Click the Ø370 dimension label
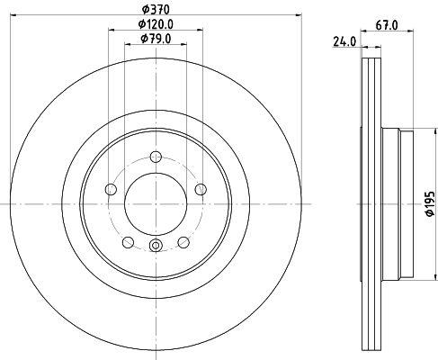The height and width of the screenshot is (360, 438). pyautogui.click(x=156, y=10)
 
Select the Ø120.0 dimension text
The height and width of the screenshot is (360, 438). pyautogui.click(x=156, y=24)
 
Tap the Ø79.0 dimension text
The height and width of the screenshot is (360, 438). pyautogui.click(x=156, y=39)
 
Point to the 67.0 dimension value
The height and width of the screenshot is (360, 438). pyautogui.click(x=387, y=25)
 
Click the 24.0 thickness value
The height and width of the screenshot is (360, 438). pyautogui.click(x=344, y=41)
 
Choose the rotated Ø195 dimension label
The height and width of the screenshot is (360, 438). pyautogui.click(x=430, y=203)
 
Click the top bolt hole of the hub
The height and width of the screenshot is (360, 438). pyautogui.click(x=156, y=157)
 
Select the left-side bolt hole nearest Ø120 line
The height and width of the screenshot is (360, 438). pyautogui.click(x=111, y=189)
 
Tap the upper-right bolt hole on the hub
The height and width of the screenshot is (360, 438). pyautogui.click(x=201, y=189)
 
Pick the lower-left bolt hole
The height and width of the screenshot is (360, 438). pyautogui.click(x=128, y=242)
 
